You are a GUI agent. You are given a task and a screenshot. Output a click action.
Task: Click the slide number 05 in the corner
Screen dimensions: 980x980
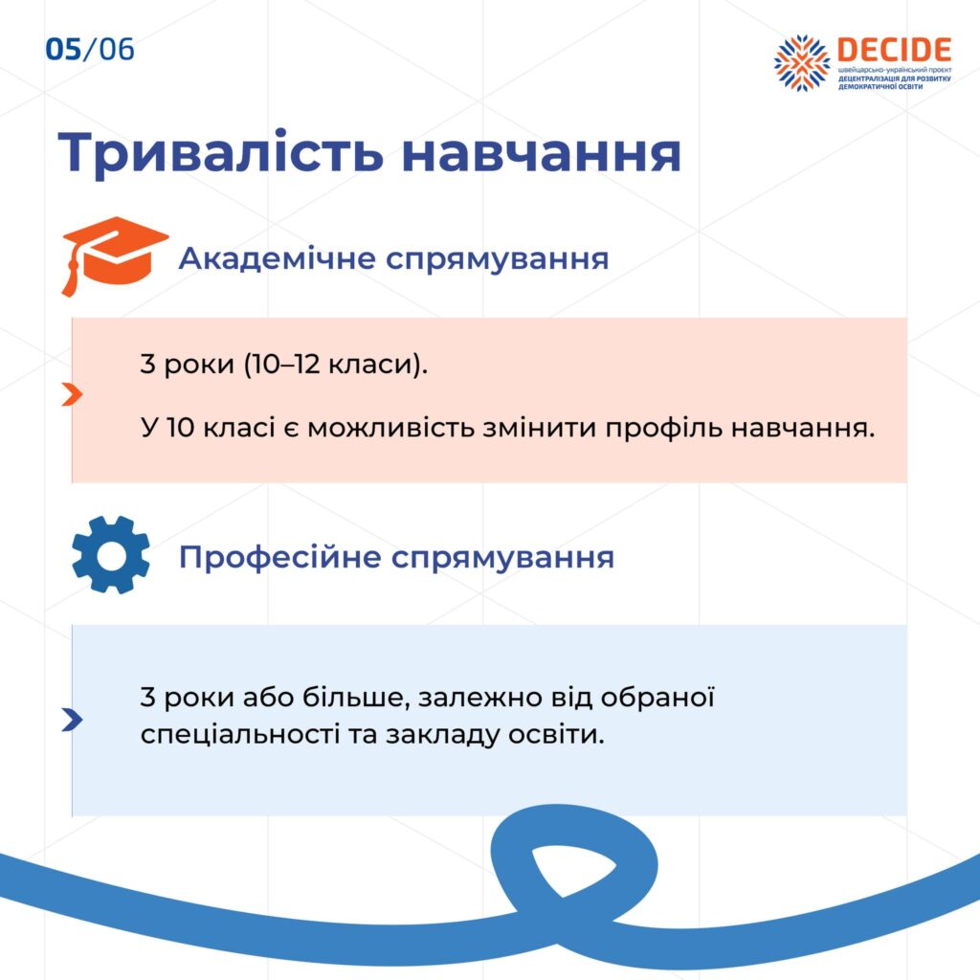(x=63, y=50)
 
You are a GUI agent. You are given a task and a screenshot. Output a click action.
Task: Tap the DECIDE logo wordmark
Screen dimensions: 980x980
(x=894, y=50)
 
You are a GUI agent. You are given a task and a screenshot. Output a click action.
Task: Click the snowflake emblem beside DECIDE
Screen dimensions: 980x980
(x=801, y=62)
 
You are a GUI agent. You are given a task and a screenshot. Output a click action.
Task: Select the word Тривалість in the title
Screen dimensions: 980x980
(x=220, y=152)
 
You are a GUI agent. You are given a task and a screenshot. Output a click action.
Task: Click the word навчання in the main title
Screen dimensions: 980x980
(x=542, y=154)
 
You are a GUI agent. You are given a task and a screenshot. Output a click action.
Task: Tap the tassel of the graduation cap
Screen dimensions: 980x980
(x=70, y=275)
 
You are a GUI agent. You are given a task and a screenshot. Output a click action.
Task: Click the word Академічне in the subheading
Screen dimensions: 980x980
(x=277, y=258)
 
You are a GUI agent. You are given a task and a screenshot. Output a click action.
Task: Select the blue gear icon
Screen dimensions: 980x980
(x=111, y=555)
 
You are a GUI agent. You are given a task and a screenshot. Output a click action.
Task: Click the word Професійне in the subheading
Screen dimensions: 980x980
(x=280, y=556)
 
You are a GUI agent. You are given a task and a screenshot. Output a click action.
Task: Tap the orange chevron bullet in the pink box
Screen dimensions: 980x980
(x=73, y=394)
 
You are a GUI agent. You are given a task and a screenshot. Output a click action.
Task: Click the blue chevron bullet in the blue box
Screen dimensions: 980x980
(x=73, y=720)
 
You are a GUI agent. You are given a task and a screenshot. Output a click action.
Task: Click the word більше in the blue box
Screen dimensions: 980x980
(x=356, y=697)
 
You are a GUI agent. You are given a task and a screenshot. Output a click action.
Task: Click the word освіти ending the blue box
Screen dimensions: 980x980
(x=556, y=734)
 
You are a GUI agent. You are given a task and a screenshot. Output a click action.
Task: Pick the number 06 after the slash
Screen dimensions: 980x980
(x=117, y=50)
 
